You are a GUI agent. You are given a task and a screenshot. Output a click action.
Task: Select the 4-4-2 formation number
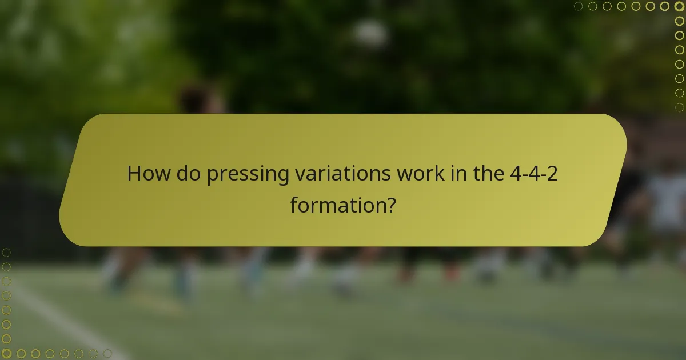[x=534, y=174]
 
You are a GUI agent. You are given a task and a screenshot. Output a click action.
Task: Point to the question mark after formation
[x=390, y=205]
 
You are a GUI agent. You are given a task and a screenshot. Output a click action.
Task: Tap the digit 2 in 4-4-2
[x=552, y=174]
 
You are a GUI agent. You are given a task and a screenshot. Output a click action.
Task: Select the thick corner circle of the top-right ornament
[x=679, y=6]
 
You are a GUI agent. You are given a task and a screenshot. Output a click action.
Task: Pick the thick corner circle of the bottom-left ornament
[x=7, y=354]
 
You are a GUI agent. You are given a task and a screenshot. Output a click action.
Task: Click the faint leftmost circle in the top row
[x=579, y=6]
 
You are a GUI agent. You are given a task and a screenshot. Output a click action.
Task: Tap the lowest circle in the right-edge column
[x=679, y=107]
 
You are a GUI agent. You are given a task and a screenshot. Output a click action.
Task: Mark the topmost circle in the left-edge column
[x=7, y=252]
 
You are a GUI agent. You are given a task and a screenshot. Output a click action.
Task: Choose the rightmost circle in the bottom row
[x=107, y=354]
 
